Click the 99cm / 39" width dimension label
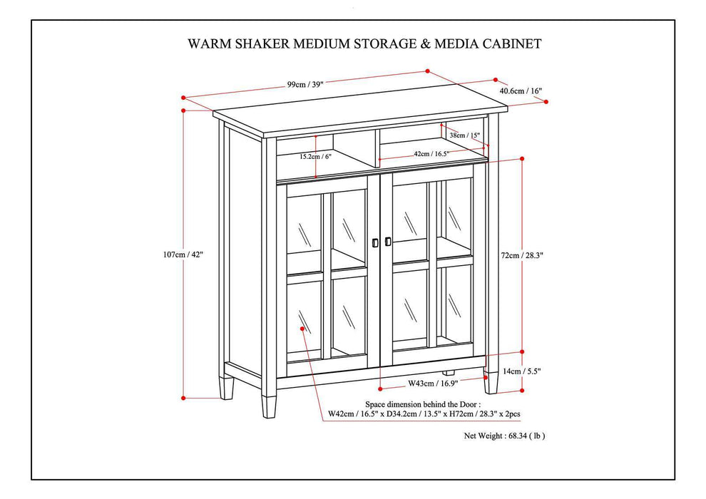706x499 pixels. click(305, 84)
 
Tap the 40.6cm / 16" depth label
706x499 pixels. click(520, 91)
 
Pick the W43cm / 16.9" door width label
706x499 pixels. click(432, 384)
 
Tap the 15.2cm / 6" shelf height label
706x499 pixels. click(315, 156)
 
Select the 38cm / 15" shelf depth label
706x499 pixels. click(464, 135)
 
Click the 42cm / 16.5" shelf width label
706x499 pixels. click(431, 153)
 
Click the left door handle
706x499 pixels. click(375, 242)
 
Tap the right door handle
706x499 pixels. click(387, 242)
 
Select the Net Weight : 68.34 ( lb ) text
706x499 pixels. click(508, 434)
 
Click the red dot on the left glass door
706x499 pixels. click(303, 329)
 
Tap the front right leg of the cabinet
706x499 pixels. click(490, 383)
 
